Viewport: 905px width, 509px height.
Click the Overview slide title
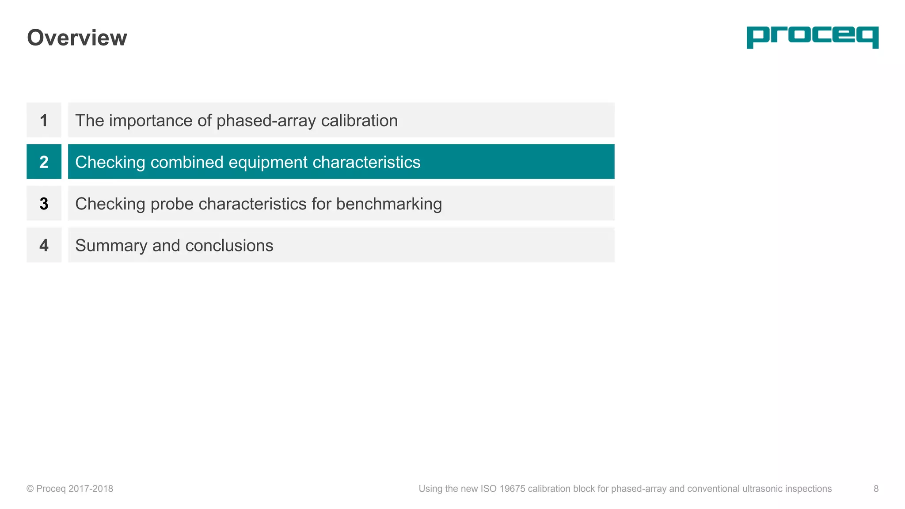77,38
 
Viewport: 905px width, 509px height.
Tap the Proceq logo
812,37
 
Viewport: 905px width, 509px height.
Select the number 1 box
44,120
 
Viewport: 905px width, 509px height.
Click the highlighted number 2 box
44,162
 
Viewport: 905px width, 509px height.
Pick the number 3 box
44,204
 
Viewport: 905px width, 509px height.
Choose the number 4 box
44,245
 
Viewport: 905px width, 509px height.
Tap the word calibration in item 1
359,121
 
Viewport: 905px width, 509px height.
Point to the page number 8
876,489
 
